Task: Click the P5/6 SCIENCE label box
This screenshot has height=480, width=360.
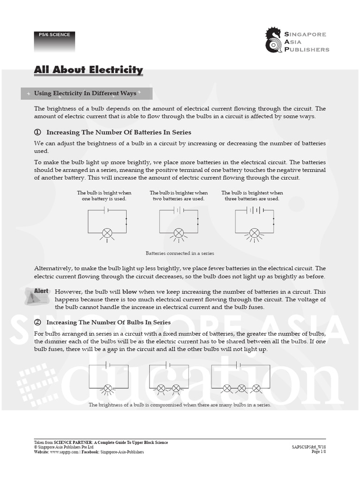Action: [x=54, y=42]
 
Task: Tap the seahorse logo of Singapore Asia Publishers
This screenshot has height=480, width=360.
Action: [x=273, y=40]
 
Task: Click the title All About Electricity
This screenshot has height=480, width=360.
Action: [x=89, y=70]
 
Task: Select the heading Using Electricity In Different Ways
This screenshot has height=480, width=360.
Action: [x=85, y=93]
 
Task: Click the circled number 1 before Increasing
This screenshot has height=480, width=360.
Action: [x=37, y=132]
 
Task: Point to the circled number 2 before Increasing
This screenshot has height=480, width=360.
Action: [x=37, y=322]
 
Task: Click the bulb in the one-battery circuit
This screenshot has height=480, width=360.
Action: [x=107, y=233]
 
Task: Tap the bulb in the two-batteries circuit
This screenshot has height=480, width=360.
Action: [x=179, y=233]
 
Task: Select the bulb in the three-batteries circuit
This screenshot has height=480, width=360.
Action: [x=255, y=233]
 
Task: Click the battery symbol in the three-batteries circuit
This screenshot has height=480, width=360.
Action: [x=255, y=210]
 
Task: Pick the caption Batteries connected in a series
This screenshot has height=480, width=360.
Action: [x=180, y=253]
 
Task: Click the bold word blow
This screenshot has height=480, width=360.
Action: [x=129, y=292]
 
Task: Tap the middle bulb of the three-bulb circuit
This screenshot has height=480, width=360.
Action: [x=241, y=389]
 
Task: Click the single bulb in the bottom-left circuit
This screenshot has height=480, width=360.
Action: [x=108, y=389]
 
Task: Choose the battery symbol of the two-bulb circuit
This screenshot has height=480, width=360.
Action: [x=168, y=365]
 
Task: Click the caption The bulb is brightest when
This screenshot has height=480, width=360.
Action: [x=252, y=193]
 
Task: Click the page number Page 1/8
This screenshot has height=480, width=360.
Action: [x=319, y=451]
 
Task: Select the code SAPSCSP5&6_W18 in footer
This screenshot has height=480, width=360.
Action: [x=309, y=447]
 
